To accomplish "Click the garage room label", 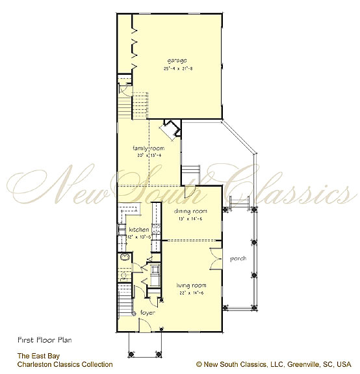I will pyautogui.click(x=175, y=60).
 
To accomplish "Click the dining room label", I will pyautogui.click(x=191, y=211).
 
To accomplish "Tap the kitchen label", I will pyautogui.click(x=139, y=230).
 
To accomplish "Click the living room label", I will pyautogui.click(x=191, y=285).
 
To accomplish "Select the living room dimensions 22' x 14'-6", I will pyautogui.click(x=192, y=292).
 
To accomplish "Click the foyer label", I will pyautogui.click(x=148, y=313).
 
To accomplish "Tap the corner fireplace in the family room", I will pyautogui.click(x=171, y=129).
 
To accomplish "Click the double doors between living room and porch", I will pyautogui.click(x=214, y=259).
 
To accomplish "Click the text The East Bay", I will pyautogui.click(x=35, y=356).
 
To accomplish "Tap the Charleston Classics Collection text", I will pyautogui.click(x=65, y=364).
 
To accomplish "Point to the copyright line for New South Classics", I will pyautogui.click(x=273, y=364).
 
